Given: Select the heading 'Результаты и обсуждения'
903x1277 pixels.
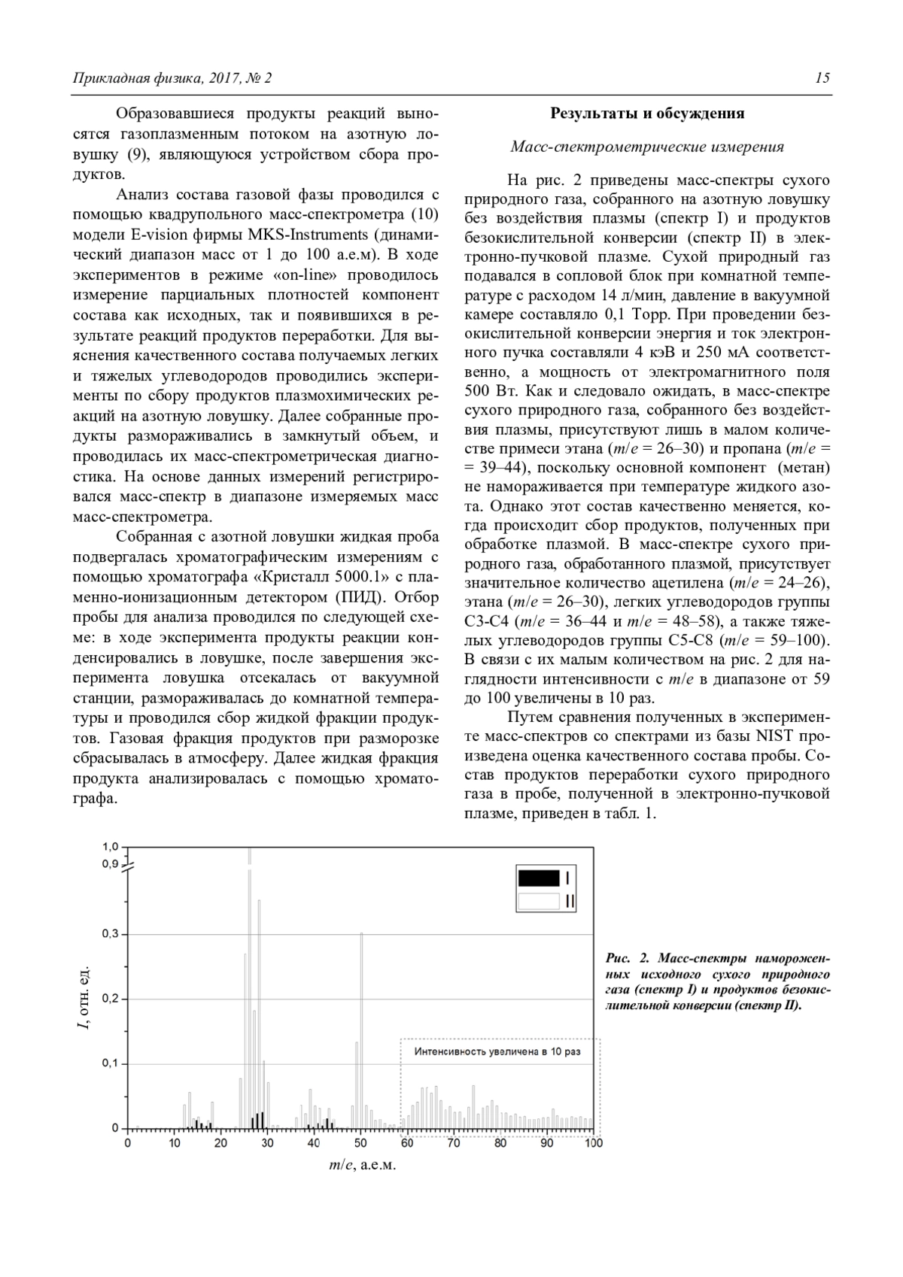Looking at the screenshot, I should point(647,114).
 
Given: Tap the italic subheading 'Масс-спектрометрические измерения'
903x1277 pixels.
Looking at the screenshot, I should point(647,147).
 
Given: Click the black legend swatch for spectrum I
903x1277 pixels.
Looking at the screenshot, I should point(539,878).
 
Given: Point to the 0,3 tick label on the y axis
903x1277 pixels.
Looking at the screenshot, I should point(110,934).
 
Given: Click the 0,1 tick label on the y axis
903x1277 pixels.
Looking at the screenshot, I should point(110,1063).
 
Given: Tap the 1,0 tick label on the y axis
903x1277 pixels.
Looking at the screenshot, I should point(110,847).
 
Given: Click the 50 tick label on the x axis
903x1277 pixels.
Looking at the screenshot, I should point(360,1143).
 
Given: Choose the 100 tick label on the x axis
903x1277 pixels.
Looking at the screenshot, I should point(593,1143).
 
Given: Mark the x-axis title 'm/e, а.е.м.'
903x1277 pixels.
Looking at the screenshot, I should point(361,1165).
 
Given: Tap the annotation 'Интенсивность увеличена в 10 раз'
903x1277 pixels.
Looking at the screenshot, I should point(497,1051).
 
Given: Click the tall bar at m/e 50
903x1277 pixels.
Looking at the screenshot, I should point(362,1030).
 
